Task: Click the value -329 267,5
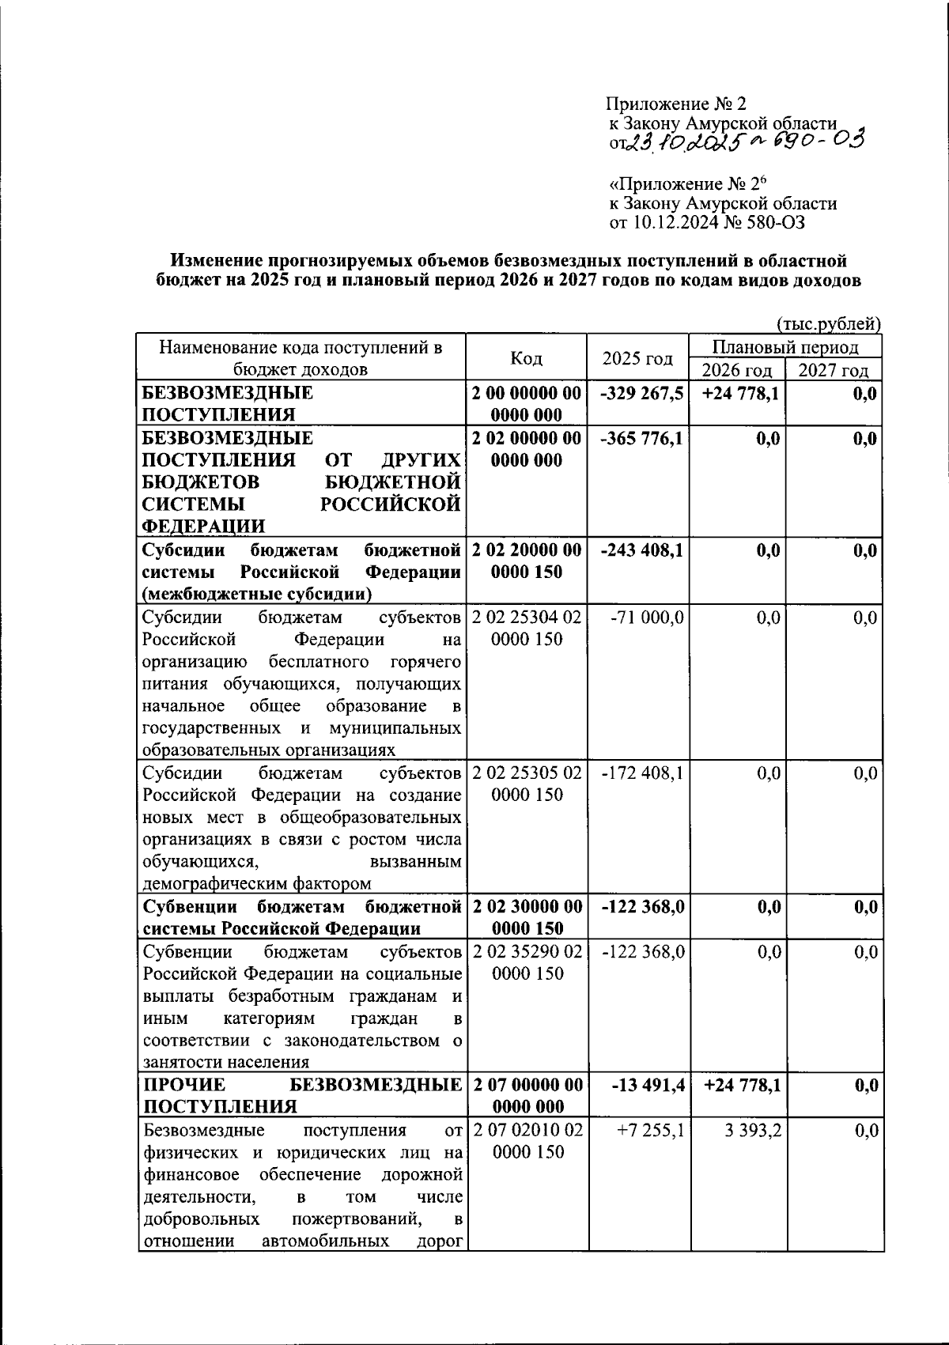pos(642,394)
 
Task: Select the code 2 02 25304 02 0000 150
pos(527,629)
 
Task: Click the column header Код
pos(526,359)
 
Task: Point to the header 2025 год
pos(637,359)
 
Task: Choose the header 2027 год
pos(833,371)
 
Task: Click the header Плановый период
pos(785,347)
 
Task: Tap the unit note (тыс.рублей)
pos(829,323)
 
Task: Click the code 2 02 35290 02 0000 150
pos(527,962)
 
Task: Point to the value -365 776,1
pos(642,439)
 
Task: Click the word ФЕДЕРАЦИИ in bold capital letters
pos(203,527)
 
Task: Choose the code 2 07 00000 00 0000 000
pos(527,1095)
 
